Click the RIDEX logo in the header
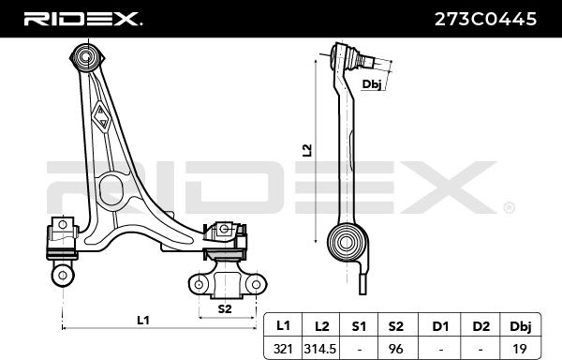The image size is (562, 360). point(82,18)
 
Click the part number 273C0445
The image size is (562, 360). point(487,18)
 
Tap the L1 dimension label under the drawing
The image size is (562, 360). point(142,321)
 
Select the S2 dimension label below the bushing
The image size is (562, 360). point(225,307)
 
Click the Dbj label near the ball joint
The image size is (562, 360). point(371,84)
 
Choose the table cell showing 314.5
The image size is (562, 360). point(321,348)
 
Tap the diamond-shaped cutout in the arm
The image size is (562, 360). point(103,116)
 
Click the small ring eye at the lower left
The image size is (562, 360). point(64,274)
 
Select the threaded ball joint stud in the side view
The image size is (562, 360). point(369,65)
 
